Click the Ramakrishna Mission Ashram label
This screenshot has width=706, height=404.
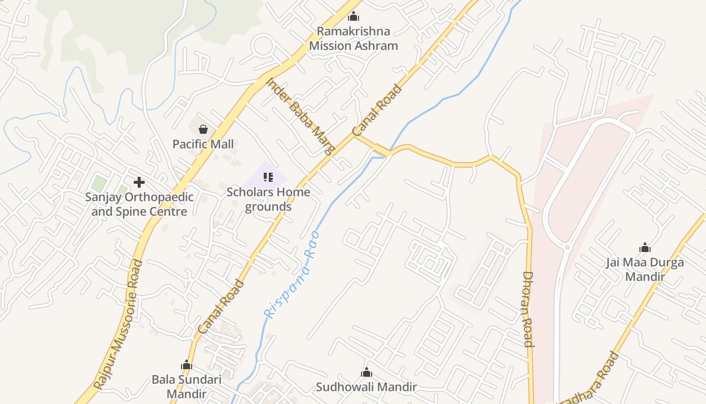[x=354, y=38]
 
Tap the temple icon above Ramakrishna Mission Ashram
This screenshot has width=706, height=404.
[x=354, y=16]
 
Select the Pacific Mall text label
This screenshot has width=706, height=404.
[x=203, y=144]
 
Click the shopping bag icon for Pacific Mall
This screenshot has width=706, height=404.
[x=203, y=129]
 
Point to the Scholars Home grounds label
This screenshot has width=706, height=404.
[x=268, y=199]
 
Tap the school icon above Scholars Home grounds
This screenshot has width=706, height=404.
[x=268, y=177]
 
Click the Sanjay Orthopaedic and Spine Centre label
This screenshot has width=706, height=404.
[x=139, y=204]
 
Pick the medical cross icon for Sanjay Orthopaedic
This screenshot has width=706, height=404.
[x=139, y=182]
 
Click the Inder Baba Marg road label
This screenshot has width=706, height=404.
[x=301, y=116]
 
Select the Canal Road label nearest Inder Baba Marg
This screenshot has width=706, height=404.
[x=377, y=110]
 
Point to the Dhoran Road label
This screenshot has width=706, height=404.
[x=528, y=309]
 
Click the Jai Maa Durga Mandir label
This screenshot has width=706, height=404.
[x=644, y=270]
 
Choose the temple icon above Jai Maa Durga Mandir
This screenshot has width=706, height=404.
[x=644, y=247]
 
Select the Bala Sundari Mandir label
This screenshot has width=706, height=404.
[x=187, y=386]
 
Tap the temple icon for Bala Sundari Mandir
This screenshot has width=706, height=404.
[x=187, y=365]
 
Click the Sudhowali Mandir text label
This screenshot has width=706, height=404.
[x=366, y=387]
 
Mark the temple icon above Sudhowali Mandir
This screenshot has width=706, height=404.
[x=367, y=373]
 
